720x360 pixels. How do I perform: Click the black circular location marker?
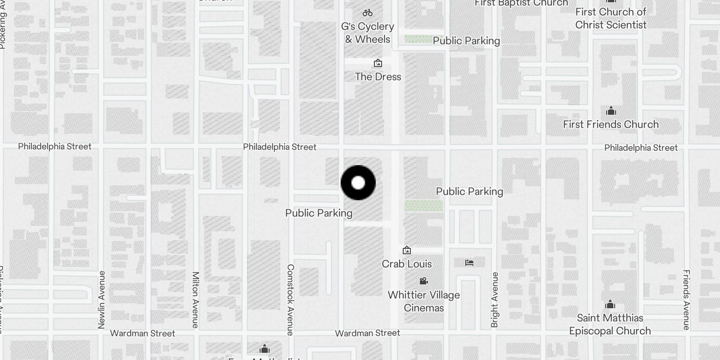358,183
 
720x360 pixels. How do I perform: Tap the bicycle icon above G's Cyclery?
368,13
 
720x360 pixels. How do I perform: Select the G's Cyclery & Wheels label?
368,33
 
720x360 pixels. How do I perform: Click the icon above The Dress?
378,63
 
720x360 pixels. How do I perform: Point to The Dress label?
378,77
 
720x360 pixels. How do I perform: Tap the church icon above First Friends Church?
611,111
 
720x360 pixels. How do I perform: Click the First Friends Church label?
611,125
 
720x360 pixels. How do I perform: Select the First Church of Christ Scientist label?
611,18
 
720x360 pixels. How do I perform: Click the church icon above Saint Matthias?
610,305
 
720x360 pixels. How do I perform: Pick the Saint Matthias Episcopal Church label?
610,324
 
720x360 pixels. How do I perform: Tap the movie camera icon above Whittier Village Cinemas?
423,281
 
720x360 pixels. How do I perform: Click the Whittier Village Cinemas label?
423,301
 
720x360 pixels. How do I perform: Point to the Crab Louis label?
407,264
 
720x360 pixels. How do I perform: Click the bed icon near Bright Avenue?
469,263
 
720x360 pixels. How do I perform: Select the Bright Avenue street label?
495,300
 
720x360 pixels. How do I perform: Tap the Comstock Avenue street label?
290,300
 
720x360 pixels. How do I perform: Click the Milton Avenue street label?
195,300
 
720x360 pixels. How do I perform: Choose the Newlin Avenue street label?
101,300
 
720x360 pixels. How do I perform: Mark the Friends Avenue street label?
686,300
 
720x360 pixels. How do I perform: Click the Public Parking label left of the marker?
319,213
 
